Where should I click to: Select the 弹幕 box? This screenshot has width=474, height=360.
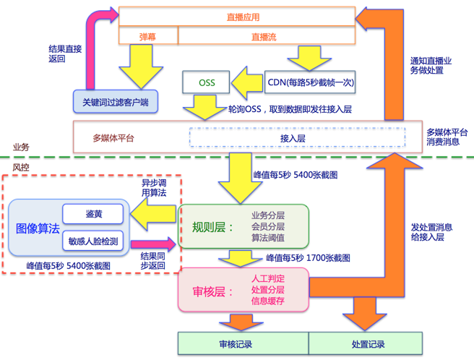pyautogui.click(x=148, y=35)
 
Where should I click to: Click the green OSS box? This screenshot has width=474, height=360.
pyautogui.click(x=207, y=82)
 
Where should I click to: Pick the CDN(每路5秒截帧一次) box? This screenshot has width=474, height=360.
pyautogui.click(x=310, y=82)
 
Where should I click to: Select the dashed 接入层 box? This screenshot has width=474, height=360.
pyautogui.click(x=293, y=137)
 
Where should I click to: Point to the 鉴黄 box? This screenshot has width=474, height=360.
pyautogui.click(x=93, y=215)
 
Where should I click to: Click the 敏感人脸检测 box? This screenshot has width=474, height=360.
pyautogui.click(x=93, y=241)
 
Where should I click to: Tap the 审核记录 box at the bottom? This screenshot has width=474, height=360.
pyautogui.click(x=243, y=344)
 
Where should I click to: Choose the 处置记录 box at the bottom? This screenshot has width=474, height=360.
pyautogui.click(x=368, y=344)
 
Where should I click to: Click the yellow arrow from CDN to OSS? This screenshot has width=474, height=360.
pyautogui.click(x=248, y=82)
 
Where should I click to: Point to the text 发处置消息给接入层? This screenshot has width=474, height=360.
pyautogui.click(x=431, y=231)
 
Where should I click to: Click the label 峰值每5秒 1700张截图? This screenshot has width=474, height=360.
pyautogui.click(x=308, y=257)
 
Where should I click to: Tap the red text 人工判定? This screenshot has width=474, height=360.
pyautogui.click(x=267, y=278)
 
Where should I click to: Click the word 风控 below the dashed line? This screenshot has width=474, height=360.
pyautogui.click(x=21, y=167)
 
